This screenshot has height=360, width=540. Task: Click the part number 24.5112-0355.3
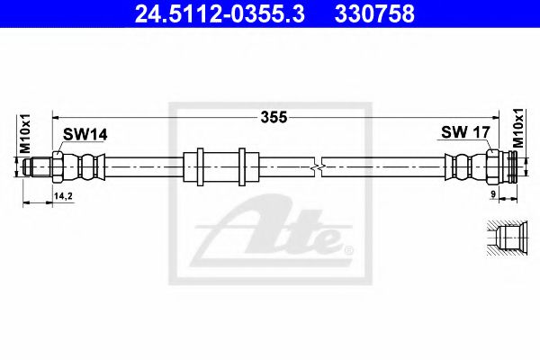coord(220,13)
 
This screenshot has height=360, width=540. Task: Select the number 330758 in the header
coord(374,13)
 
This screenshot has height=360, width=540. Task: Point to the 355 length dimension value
coord(274,117)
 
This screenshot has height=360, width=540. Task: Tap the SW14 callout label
coord(85,135)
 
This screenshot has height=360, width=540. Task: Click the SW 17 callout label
coord(465,132)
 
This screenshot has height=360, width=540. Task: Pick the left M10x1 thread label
coord(25,134)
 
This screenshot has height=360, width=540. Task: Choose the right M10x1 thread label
coord(517,128)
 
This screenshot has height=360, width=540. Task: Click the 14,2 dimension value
coord(63,196)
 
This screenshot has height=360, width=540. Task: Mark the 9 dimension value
coord(493,194)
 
